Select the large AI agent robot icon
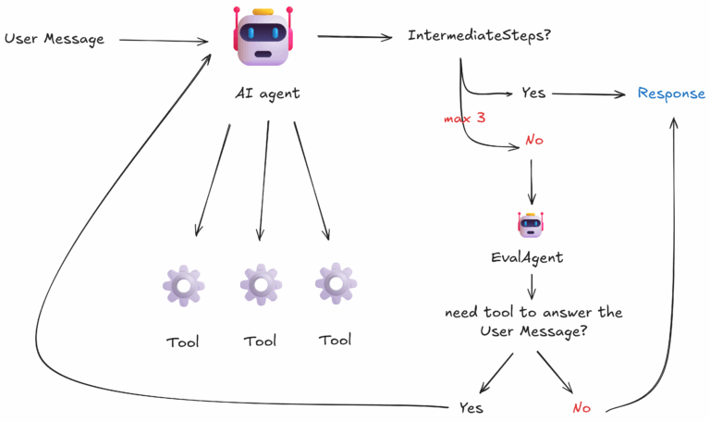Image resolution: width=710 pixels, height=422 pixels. [263, 39]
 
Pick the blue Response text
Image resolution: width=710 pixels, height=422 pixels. [671, 93]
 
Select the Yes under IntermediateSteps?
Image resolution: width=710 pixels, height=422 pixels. [533, 93]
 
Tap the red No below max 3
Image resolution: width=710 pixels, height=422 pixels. [533, 141]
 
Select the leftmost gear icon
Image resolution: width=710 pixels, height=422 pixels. [183, 285]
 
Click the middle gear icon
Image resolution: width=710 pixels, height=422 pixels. [261, 285]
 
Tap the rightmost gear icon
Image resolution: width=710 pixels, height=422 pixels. [335, 283]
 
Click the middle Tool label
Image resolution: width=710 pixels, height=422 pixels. [260, 341]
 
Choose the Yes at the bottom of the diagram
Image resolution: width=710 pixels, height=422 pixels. [471, 407]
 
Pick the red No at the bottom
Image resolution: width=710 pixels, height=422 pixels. [581, 407]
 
